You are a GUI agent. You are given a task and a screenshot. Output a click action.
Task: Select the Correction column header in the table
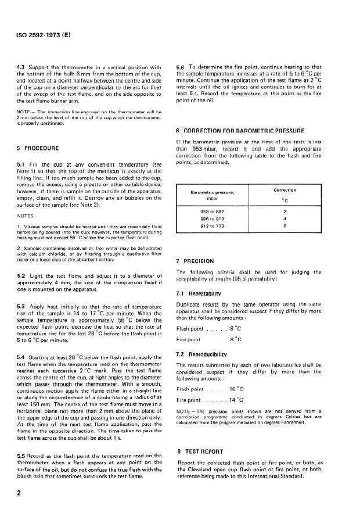[285, 191]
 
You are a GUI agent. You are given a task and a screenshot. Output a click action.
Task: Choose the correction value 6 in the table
[285, 227]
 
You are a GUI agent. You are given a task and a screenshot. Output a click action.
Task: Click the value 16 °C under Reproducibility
[236, 389]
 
